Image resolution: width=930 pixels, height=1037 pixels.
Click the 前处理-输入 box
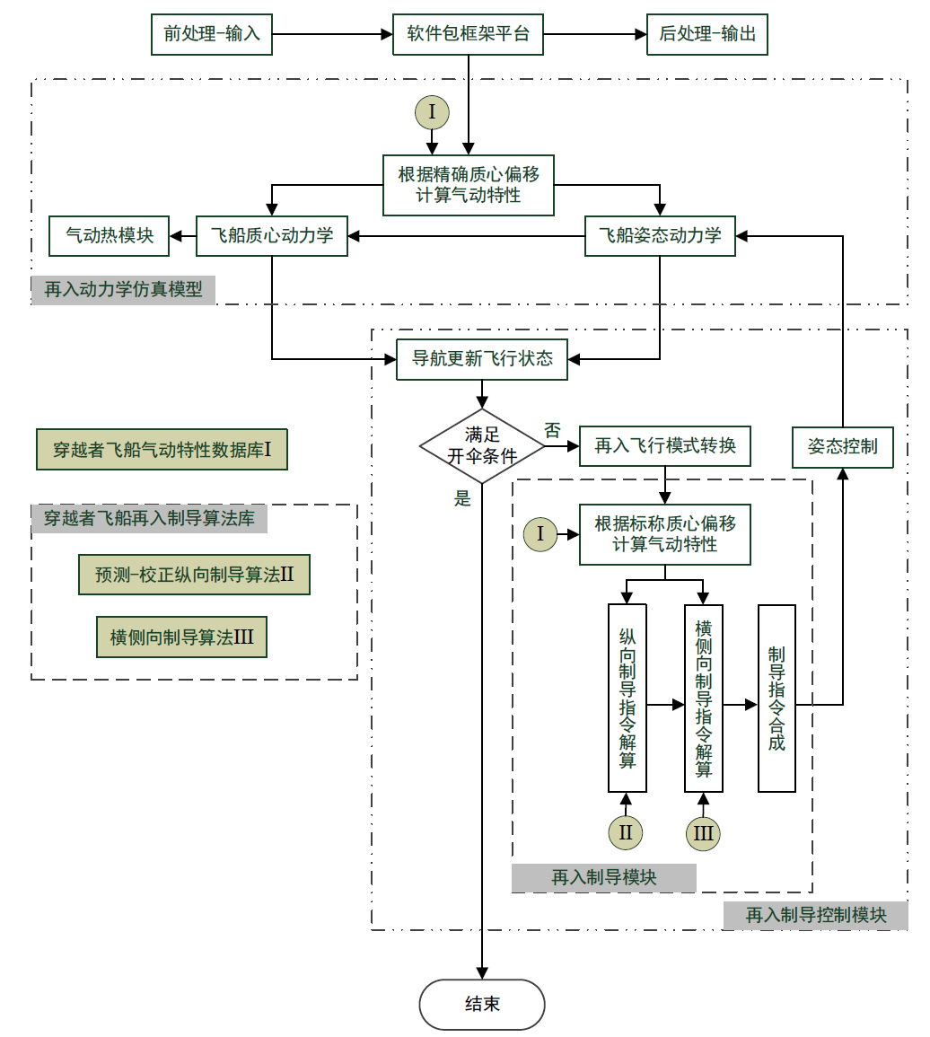point(212,34)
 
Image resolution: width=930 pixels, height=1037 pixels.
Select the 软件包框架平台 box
point(468,34)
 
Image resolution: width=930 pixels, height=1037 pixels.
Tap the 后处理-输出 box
point(707,34)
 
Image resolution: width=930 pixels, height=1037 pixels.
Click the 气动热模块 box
point(110,236)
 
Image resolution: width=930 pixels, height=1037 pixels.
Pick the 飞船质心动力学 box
point(272,236)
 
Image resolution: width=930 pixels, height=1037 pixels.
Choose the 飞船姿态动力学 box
point(660,236)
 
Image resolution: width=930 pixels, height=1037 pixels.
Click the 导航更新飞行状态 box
point(482,359)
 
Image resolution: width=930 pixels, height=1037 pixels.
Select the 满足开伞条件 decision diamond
point(482,446)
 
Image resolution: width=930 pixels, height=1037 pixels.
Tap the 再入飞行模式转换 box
point(665,446)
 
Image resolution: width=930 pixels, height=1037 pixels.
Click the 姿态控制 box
point(843,447)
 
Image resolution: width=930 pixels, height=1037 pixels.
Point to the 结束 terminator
point(482,1004)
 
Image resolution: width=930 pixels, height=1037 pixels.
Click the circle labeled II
point(626,832)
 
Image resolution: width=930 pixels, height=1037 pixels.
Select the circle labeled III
point(703,833)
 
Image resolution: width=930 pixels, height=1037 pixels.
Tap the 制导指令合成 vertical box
point(776,699)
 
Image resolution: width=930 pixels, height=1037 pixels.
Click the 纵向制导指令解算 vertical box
point(627,699)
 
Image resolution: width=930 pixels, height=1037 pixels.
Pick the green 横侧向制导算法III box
point(182,637)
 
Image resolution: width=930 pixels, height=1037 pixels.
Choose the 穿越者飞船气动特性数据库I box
point(162,450)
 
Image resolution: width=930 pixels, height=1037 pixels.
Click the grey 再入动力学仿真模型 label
point(123,290)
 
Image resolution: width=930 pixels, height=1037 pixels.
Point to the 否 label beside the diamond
point(552,431)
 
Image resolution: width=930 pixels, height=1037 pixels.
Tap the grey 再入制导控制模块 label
point(816,915)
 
